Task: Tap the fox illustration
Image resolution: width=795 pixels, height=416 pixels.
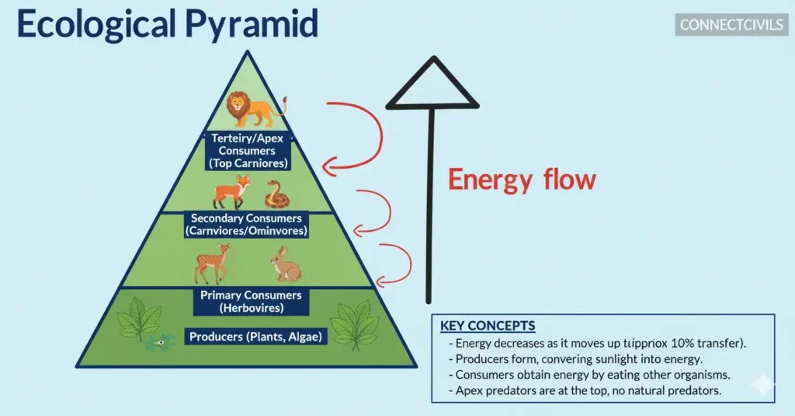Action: click(x=232, y=191)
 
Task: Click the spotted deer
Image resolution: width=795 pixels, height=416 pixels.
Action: click(x=211, y=263)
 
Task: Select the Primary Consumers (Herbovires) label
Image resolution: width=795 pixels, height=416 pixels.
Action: click(x=252, y=302)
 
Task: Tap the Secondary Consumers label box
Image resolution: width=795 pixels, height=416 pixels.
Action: click(x=247, y=225)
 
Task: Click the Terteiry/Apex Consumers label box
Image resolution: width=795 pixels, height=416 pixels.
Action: click(x=248, y=151)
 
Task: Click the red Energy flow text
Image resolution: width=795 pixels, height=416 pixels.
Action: click(x=522, y=180)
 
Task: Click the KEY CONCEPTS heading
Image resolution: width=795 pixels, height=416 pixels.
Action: click(x=488, y=325)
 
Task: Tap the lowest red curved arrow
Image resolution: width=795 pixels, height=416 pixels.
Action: click(x=397, y=264)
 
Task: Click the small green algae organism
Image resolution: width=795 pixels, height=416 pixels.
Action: click(x=160, y=342)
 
